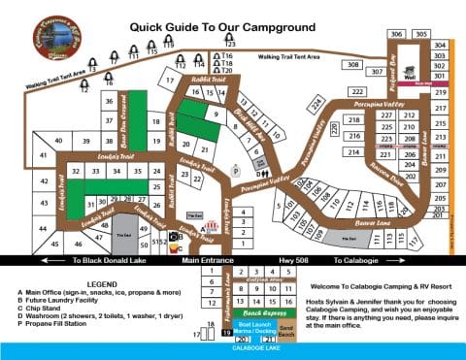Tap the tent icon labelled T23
tap(230, 37)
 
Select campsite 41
tap(43, 156)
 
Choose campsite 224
tap(316, 104)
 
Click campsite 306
tap(396, 34)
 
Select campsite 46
tap(54, 244)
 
